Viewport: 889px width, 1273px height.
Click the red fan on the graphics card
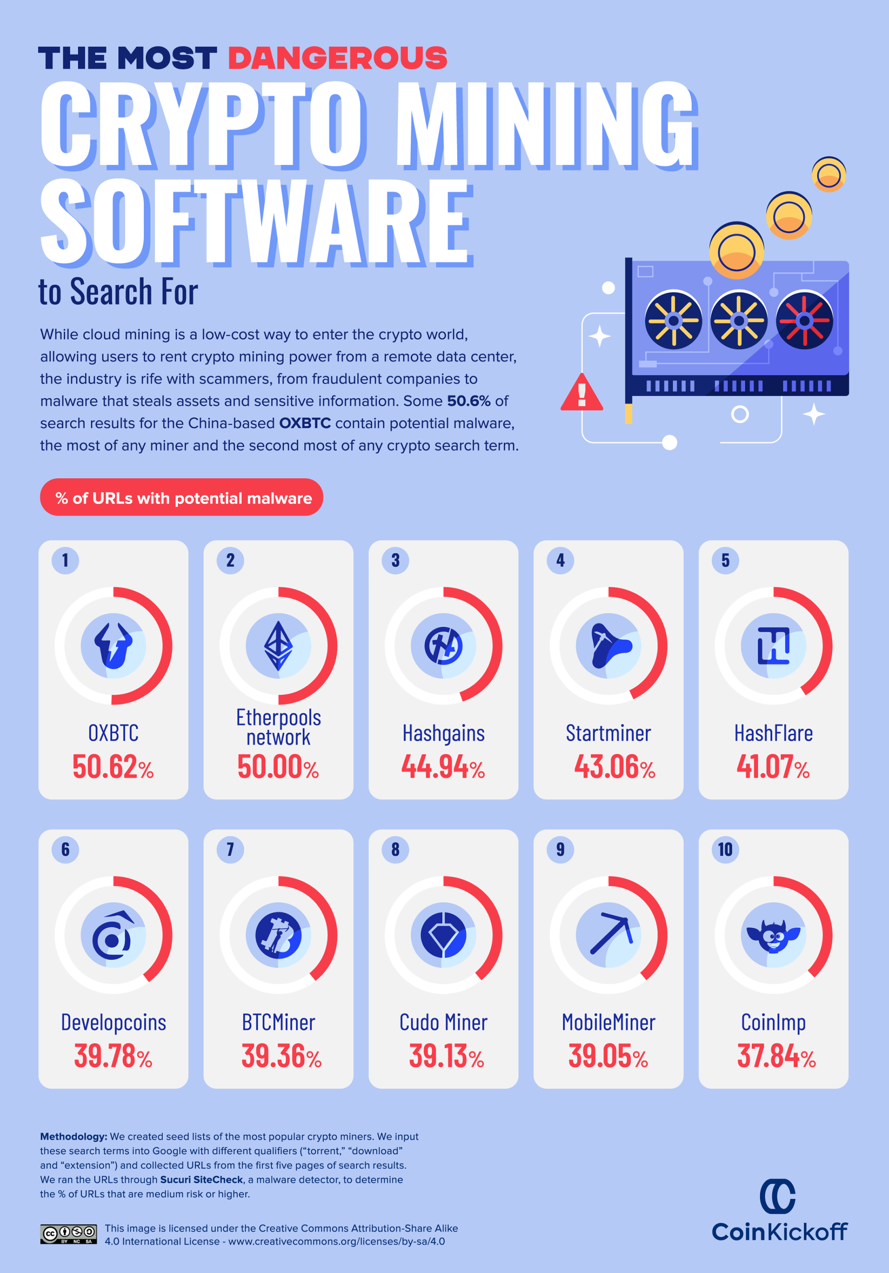coord(804,320)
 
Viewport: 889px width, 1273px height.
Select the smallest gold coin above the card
coord(828,174)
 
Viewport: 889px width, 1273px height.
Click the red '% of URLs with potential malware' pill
coord(181,497)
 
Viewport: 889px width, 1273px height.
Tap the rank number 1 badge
coord(66,560)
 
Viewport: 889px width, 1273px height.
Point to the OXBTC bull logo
coord(113,645)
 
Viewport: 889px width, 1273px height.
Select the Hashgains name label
coord(443,733)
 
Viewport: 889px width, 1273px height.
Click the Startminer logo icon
coord(608,645)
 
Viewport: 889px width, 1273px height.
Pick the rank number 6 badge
coord(66,849)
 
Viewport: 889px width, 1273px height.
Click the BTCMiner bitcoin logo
coord(278,935)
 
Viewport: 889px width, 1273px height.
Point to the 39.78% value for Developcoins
coord(113,1056)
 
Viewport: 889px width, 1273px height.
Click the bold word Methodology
coord(73,1137)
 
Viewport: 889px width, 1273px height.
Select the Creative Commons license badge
coord(68,1234)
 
